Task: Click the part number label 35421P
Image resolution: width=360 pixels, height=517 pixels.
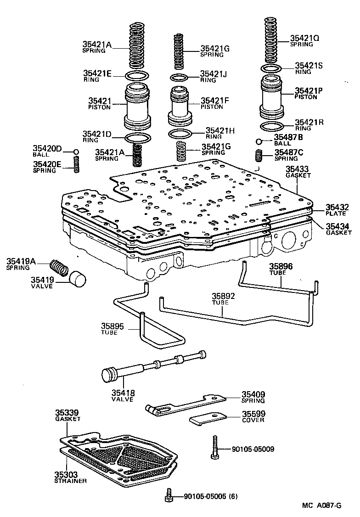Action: pos(309,91)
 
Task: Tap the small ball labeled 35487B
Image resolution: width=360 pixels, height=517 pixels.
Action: pos(259,141)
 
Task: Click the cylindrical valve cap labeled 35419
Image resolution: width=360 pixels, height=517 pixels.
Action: pos(78,278)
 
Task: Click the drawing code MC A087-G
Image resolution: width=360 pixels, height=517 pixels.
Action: pos(321,506)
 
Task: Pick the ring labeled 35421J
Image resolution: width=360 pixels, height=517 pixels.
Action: pos(179,77)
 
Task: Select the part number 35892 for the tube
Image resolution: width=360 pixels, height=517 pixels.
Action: pos(223,297)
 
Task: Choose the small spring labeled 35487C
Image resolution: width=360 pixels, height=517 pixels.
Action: pos(259,156)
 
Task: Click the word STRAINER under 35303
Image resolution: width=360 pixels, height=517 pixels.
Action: pos(70,481)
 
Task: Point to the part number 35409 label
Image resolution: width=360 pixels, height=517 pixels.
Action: pos(253,394)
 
